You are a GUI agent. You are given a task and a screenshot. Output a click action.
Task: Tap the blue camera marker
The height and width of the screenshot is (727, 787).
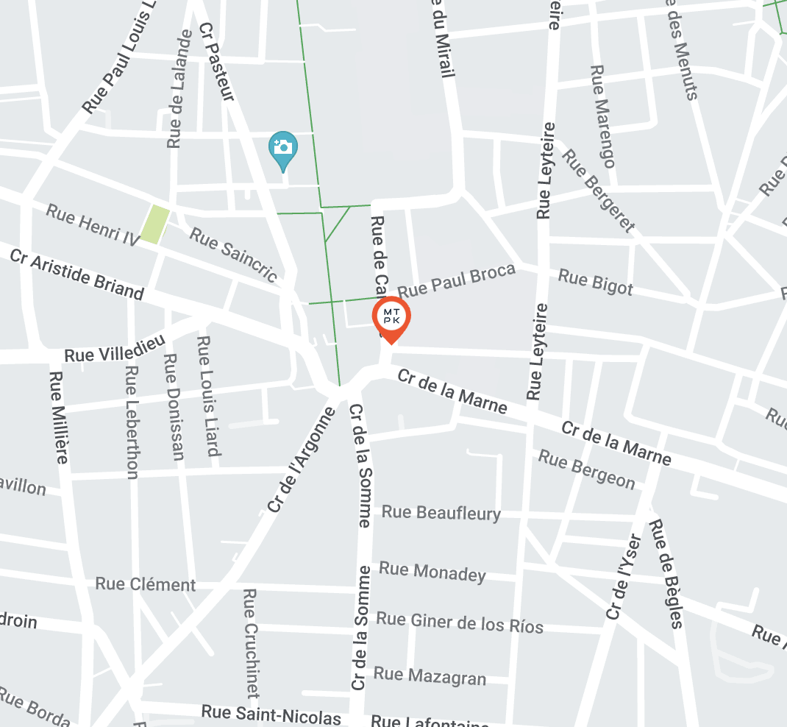click(283, 148)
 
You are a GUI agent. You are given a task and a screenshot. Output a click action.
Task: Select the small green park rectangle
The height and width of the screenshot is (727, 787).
click(155, 224)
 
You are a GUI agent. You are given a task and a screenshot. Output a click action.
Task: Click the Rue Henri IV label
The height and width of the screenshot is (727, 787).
click(93, 224)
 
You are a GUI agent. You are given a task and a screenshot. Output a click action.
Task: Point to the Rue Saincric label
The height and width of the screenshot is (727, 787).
click(234, 255)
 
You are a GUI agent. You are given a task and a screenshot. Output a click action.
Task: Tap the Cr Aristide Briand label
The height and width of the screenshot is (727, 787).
click(77, 274)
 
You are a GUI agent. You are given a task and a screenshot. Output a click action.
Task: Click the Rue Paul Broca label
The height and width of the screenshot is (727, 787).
click(456, 280)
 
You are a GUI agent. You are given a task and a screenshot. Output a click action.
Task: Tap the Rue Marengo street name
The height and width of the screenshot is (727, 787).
click(602, 116)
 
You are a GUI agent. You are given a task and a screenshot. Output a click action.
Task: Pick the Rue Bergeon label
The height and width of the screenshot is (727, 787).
click(586, 469)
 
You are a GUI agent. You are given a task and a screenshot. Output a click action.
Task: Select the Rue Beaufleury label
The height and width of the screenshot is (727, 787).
click(441, 512)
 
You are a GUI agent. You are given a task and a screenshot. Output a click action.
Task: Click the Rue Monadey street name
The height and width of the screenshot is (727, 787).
click(432, 572)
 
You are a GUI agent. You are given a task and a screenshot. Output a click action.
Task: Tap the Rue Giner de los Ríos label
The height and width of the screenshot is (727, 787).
click(460, 622)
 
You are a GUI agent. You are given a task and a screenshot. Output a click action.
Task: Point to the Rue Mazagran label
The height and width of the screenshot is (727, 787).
click(430, 675)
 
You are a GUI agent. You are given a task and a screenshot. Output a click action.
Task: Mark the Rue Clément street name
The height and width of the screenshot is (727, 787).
click(146, 584)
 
